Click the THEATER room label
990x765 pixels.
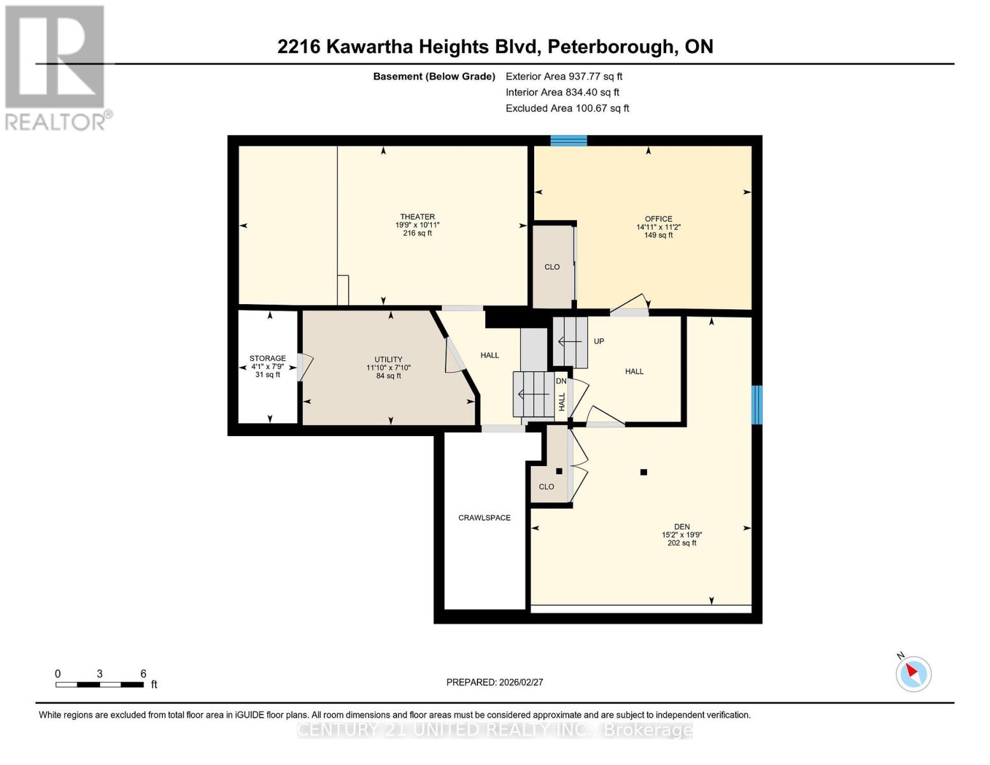418,217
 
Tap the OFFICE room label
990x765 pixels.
659,219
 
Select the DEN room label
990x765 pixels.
681,527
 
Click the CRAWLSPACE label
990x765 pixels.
484,518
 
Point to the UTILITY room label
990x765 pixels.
388,360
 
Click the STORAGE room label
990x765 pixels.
268,359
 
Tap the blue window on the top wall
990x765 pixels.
569,141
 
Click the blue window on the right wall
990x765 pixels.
757,405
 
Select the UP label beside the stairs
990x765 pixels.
599,342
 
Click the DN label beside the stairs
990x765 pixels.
561,381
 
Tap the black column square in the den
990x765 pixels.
644,472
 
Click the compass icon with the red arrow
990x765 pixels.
914,673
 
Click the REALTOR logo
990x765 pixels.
56,68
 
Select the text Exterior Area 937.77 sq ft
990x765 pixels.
564,76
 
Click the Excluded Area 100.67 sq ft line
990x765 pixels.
567,108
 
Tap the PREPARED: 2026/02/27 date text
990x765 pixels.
495,682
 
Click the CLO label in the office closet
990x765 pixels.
552,267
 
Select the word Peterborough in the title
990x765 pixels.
610,47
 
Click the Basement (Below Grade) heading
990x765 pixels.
434,76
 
